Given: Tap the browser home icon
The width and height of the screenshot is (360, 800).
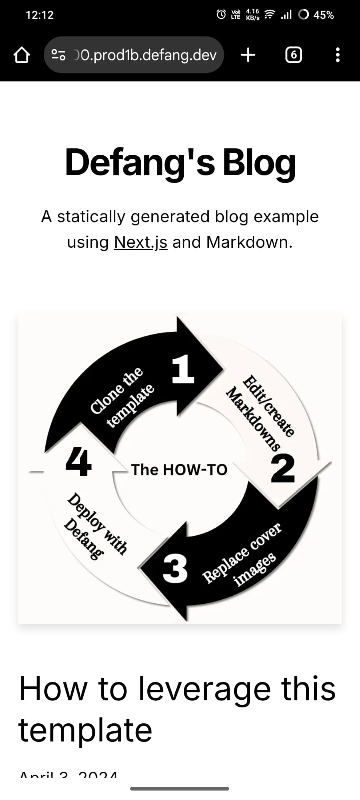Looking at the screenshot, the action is click(x=21, y=55).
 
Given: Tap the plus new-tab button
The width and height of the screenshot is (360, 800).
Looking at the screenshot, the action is click(x=248, y=55).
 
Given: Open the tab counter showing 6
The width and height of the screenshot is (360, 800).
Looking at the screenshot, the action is click(x=293, y=55).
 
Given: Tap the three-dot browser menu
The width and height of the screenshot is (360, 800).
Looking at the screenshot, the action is click(x=338, y=55).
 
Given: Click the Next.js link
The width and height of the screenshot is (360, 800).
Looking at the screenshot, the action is click(x=140, y=242).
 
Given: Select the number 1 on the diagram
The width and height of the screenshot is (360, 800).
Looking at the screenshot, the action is click(x=183, y=370).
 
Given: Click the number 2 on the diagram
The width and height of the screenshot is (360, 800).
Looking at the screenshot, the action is click(x=283, y=469).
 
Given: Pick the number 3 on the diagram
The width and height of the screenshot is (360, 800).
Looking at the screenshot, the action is click(x=175, y=569).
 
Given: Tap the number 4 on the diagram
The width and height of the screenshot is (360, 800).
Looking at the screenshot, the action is click(x=78, y=462).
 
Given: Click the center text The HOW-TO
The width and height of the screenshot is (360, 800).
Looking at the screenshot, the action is click(x=179, y=470).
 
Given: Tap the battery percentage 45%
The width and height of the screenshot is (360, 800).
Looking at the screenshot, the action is click(x=323, y=15).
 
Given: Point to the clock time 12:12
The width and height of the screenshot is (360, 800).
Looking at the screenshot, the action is click(x=39, y=15).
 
